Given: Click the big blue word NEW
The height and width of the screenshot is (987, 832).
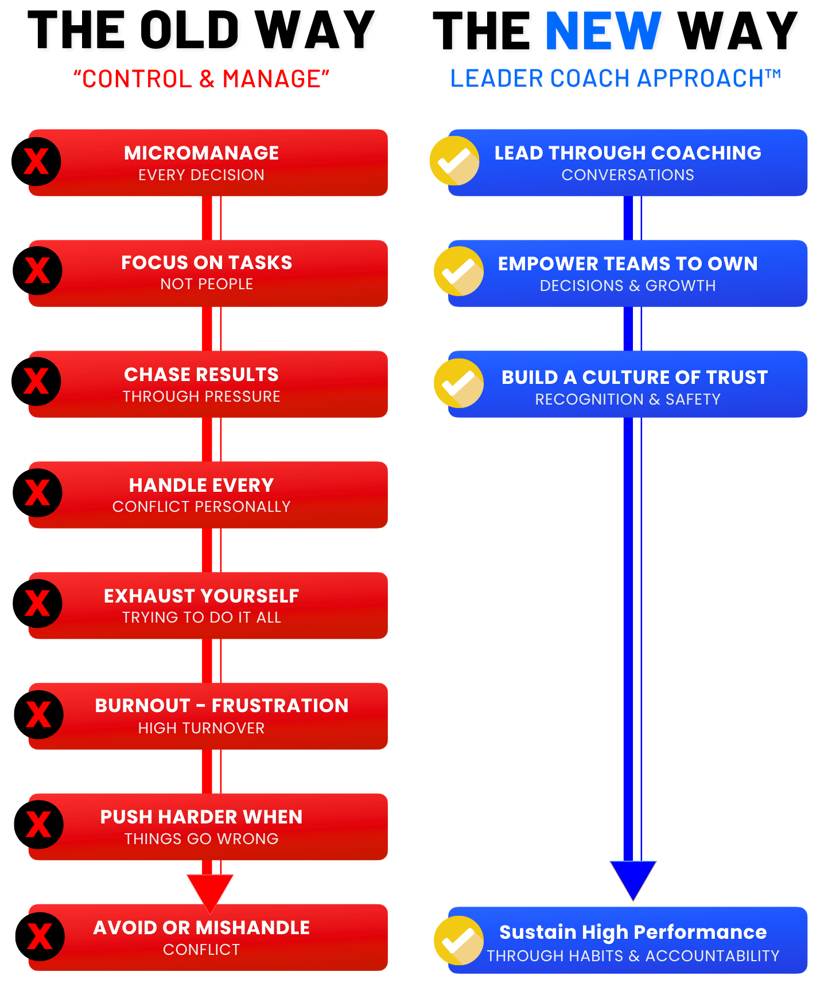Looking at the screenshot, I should pyautogui.click(x=603, y=31).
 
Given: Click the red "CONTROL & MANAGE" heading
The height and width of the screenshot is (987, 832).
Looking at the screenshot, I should pyautogui.click(x=201, y=79).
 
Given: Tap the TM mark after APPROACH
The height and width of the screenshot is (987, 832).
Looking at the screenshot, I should pyautogui.click(x=773, y=73).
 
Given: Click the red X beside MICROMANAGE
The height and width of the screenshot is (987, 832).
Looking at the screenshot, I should pyautogui.click(x=37, y=162).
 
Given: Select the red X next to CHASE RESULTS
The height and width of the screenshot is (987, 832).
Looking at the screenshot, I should pyautogui.click(x=37, y=381).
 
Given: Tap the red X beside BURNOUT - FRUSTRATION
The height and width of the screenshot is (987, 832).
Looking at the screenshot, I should pyautogui.click(x=38, y=714).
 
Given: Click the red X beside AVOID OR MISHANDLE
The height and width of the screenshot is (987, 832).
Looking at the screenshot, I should pyautogui.click(x=40, y=937).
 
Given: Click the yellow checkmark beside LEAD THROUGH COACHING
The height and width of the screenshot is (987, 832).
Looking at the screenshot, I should pyautogui.click(x=454, y=161).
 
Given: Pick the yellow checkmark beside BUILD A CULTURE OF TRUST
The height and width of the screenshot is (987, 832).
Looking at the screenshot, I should pyautogui.click(x=458, y=383).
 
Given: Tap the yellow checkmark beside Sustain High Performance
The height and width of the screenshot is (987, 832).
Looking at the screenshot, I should pyautogui.click(x=458, y=940).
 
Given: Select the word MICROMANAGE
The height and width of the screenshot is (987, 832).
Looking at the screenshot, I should pyautogui.click(x=201, y=153).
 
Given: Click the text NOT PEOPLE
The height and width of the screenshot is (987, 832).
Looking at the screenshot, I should pyautogui.click(x=207, y=284).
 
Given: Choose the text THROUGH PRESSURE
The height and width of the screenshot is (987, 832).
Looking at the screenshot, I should pyautogui.click(x=201, y=397).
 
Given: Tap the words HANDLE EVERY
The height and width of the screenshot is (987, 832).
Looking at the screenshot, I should pyautogui.click(x=201, y=485).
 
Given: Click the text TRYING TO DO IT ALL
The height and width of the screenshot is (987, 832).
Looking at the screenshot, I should pyautogui.click(x=201, y=617).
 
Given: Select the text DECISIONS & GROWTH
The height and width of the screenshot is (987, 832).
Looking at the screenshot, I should pyautogui.click(x=628, y=286).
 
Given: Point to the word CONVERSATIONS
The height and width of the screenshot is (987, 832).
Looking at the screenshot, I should pyautogui.click(x=628, y=175).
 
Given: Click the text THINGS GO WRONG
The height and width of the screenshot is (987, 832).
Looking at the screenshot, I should pyautogui.click(x=201, y=839).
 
